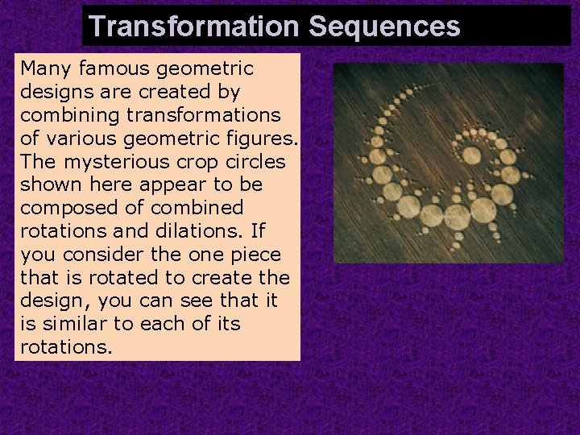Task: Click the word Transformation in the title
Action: point(194,26)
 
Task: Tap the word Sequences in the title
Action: point(383,26)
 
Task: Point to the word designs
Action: point(54,91)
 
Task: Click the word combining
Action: point(64,114)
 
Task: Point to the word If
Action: point(257,230)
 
